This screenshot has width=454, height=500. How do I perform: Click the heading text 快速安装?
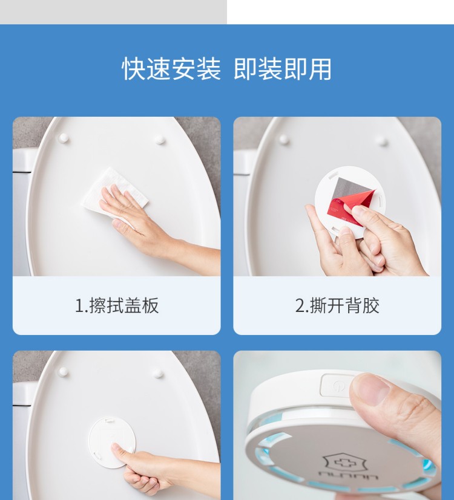171,69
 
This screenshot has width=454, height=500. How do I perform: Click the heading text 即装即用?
283,69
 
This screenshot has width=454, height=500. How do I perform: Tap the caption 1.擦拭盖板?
117,305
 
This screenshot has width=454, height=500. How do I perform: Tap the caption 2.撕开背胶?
337,305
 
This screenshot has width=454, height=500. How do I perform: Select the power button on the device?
336,386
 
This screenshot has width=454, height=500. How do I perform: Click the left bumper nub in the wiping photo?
63,138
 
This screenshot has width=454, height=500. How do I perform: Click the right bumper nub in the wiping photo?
160,139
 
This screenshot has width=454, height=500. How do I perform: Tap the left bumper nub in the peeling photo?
284,139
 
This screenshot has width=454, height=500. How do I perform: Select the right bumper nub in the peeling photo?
381,141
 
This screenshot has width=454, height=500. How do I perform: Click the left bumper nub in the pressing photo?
63,371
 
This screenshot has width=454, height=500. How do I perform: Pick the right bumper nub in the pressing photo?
158,374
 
